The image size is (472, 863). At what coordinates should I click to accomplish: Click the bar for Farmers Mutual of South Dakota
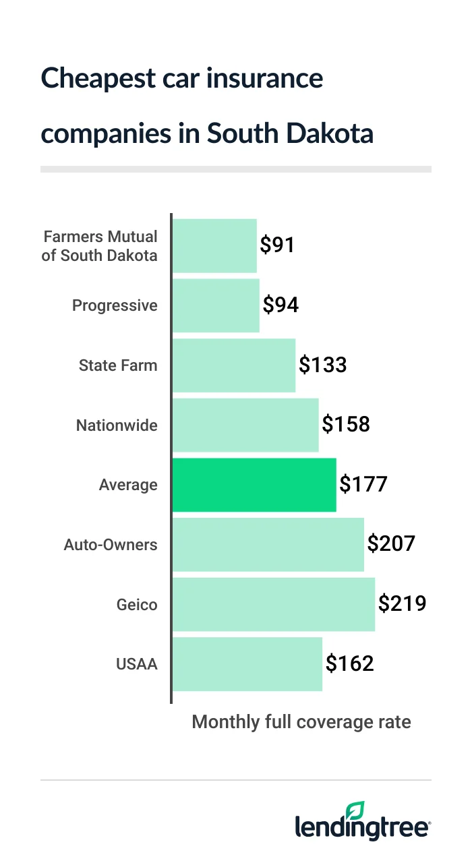(214, 245)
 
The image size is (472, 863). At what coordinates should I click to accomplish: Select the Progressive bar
(216, 305)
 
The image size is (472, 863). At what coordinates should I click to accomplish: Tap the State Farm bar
(234, 365)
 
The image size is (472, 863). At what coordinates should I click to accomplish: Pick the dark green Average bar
(254, 485)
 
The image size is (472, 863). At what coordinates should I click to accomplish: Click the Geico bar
(274, 605)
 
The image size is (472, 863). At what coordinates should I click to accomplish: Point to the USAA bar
(247, 664)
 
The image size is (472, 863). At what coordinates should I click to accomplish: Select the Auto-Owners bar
(268, 545)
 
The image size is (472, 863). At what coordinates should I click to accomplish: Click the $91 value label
(278, 245)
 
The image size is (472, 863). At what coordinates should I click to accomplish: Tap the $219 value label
(402, 603)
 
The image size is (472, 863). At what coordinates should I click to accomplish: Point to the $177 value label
(363, 484)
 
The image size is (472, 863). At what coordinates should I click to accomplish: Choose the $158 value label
(346, 425)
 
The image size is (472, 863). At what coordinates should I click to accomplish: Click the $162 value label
(349, 663)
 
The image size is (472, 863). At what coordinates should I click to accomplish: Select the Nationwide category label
(117, 425)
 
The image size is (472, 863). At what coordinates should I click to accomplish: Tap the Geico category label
(137, 605)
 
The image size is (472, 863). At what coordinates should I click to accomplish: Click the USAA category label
(137, 664)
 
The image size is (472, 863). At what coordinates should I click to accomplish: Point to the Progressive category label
(115, 305)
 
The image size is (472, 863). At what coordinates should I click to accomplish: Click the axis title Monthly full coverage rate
(301, 722)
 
